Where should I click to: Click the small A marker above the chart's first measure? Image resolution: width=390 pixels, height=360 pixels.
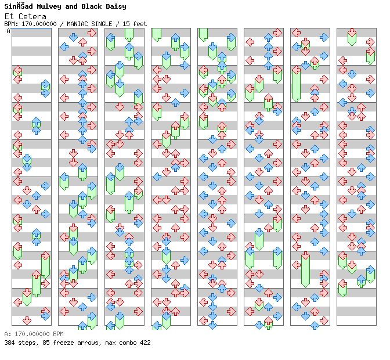tap(9, 31)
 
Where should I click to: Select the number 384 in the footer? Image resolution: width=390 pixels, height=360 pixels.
tap(9, 343)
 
